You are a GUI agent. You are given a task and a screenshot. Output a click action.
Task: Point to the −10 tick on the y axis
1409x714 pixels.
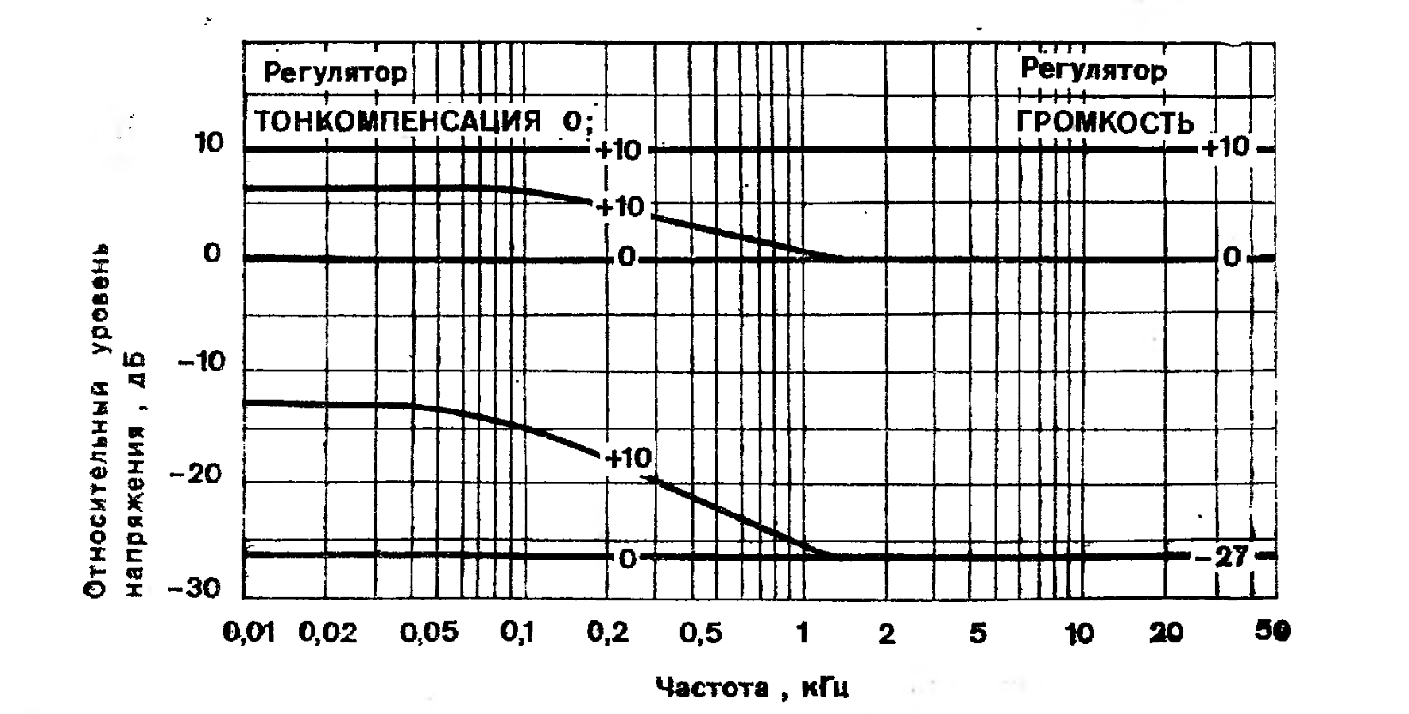click(x=200, y=363)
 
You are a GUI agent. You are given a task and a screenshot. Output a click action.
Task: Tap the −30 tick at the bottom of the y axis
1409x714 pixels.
click(x=195, y=588)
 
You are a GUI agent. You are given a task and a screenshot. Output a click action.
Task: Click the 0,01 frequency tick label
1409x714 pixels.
click(x=249, y=633)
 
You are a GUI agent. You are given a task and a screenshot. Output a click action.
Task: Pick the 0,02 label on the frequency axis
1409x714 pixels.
click(x=328, y=633)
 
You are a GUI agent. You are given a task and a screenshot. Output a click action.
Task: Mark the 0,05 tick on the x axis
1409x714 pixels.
click(x=429, y=633)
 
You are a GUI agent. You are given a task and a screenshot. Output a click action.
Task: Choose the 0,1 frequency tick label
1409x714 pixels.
click(x=517, y=633)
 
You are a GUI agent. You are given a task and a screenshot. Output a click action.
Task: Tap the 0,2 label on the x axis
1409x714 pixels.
click(x=608, y=633)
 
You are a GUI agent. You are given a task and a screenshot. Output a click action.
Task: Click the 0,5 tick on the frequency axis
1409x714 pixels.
click(x=701, y=633)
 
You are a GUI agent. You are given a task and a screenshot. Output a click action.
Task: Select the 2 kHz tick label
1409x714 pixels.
click(x=886, y=634)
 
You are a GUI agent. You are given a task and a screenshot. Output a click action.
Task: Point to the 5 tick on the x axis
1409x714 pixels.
click(x=977, y=634)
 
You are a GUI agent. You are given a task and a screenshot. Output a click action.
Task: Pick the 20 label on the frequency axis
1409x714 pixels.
click(x=1165, y=634)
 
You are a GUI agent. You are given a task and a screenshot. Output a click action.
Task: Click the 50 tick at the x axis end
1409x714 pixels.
click(x=1272, y=632)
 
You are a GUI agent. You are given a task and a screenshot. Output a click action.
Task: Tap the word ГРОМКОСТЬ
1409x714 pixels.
click(x=1105, y=122)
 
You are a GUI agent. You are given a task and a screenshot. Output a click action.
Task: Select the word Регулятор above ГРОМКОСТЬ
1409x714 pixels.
click(x=1094, y=70)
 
